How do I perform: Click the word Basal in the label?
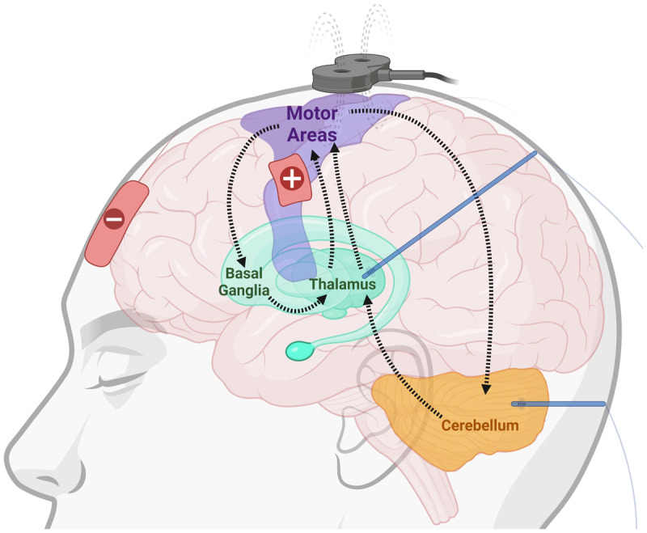tap(243, 273)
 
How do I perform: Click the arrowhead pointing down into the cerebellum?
tap(486, 392)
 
